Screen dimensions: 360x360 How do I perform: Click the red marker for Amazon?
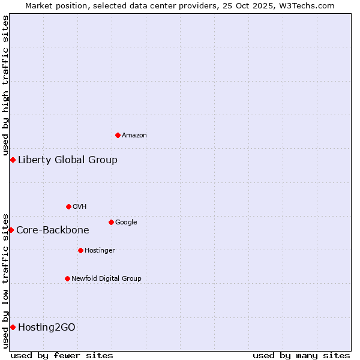click(118, 135)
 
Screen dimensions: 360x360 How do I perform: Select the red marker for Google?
click(111, 222)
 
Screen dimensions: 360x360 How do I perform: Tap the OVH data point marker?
click(68, 206)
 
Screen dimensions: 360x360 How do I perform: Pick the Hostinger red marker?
click(80, 250)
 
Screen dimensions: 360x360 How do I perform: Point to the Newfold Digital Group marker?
click(67, 278)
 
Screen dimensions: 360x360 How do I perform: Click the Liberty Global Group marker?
click(13, 160)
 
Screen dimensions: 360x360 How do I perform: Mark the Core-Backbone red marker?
click(11, 230)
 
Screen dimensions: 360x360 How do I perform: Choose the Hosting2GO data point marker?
click(13, 327)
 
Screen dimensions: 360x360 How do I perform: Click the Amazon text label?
click(134, 136)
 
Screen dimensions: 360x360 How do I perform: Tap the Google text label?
click(126, 223)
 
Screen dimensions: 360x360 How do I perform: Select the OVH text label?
click(80, 207)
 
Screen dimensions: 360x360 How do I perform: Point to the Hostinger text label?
click(100, 251)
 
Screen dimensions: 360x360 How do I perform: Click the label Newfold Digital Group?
click(106, 279)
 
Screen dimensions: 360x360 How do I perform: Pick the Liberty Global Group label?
click(68, 160)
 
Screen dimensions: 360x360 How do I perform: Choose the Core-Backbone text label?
click(53, 230)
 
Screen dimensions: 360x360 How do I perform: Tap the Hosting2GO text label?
click(47, 327)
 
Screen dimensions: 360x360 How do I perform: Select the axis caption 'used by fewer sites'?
click(62, 355)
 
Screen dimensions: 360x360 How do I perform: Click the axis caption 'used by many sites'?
click(301, 355)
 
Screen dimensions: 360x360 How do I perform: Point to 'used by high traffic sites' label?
click(6, 84)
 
